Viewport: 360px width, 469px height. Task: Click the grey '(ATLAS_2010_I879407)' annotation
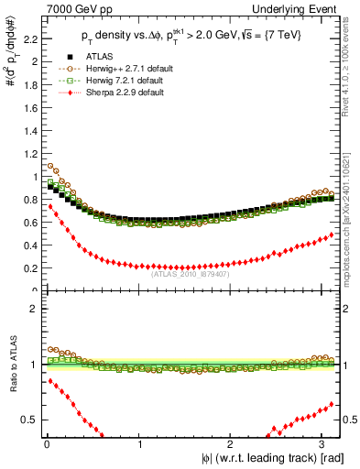click(x=190, y=274)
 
